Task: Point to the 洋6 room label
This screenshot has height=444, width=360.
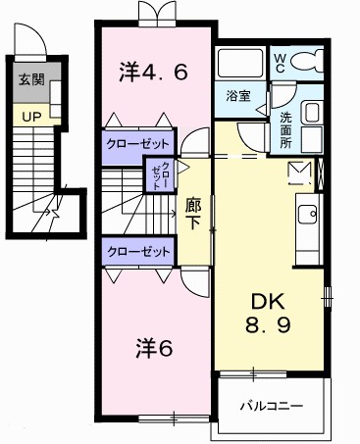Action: pos(153,347)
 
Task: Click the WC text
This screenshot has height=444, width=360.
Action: pos(279,62)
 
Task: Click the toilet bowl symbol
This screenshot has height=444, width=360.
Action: pos(311,64)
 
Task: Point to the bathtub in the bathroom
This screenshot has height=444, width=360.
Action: pos(240,65)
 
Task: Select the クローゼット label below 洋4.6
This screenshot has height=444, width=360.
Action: pos(136,142)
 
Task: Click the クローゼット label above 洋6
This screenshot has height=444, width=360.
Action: pos(136,251)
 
